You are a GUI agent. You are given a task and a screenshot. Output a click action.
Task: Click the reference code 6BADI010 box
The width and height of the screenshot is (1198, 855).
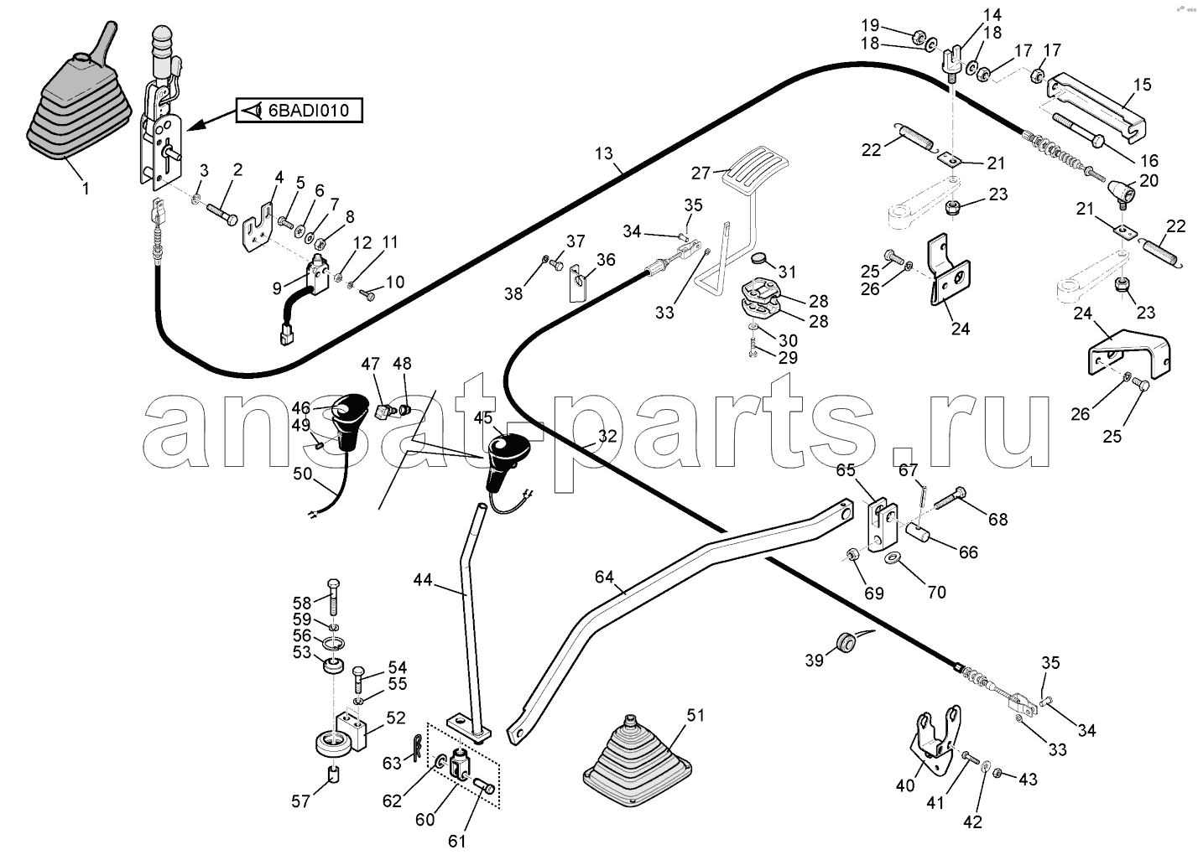(299, 111)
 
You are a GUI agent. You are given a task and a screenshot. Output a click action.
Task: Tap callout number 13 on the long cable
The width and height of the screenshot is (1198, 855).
(604, 154)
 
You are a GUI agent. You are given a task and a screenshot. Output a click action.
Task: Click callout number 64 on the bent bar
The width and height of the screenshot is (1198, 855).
(604, 577)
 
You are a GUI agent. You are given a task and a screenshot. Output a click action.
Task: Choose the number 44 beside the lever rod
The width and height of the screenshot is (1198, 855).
(423, 579)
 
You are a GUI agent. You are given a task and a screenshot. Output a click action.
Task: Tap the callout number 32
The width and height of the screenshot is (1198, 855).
(607, 436)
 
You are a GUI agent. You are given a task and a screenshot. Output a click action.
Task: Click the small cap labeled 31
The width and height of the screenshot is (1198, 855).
(760, 260)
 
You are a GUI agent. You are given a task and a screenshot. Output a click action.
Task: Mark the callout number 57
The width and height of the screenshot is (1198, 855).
(300, 801)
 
